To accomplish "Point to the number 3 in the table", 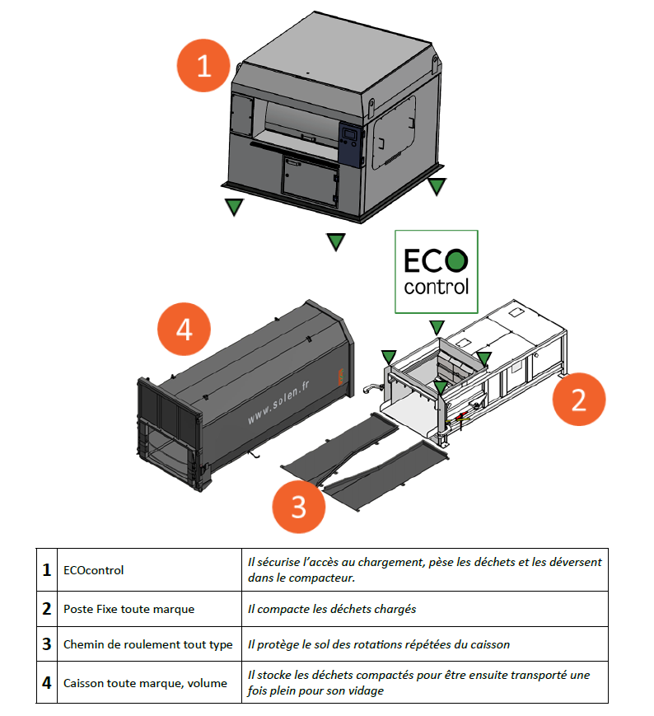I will (47, 644).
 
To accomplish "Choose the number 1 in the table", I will (47, 570).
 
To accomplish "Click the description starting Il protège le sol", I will (395, 644).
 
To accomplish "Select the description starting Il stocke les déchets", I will (420, 682).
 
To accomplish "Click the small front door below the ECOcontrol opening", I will (309, 177).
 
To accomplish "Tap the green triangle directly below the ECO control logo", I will (437, 327).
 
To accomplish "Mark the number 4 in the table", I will (47, 682).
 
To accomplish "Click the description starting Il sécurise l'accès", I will (424, 570).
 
